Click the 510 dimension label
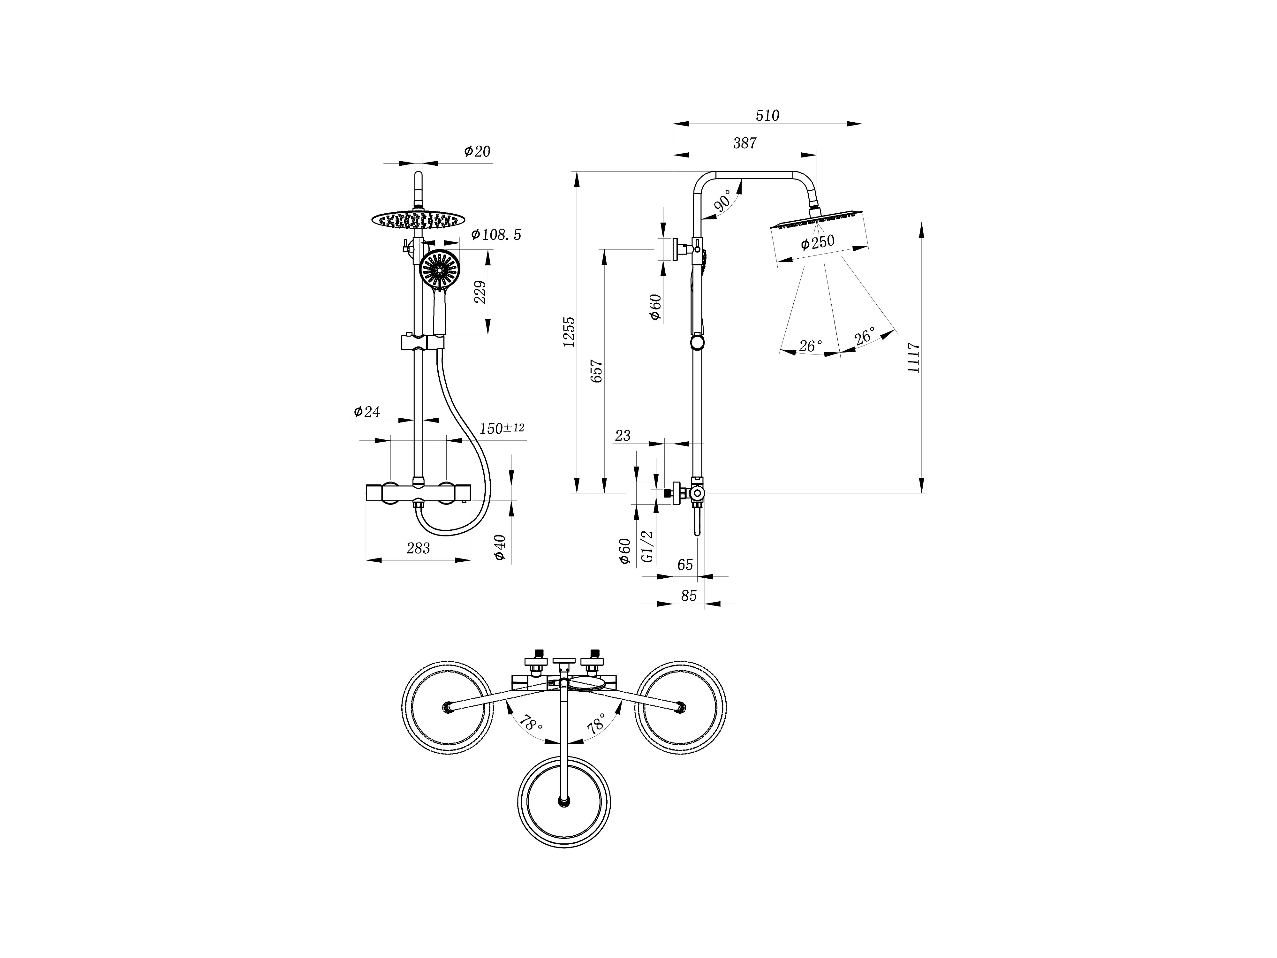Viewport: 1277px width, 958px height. pos(767,116)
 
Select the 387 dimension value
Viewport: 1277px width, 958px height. pos(745,143)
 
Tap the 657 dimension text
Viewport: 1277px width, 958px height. pos(597,371)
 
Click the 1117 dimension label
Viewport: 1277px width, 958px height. pos(914,357)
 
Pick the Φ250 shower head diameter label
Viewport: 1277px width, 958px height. pos(818,242)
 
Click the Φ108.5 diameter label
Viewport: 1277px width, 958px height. pos(496,234)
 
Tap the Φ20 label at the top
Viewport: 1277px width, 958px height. pos(477,151)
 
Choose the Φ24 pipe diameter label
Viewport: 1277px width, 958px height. pos(367,412)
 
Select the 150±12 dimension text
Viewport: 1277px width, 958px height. pos(502,429)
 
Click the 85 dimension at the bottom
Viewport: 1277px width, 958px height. pos(689,595)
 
